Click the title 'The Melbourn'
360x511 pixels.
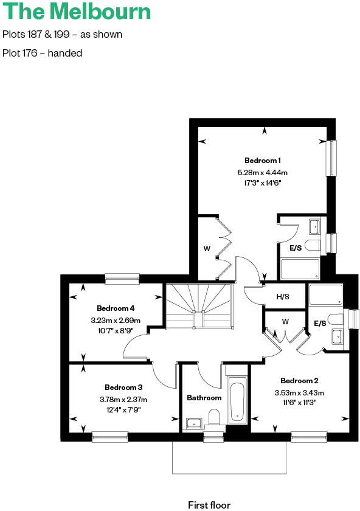click(76, 12)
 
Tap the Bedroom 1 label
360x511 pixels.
click(263, 161)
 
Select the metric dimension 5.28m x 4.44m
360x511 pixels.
click(263, 172)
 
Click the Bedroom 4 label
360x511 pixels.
click(116, 308)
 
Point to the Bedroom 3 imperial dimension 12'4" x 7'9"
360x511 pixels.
click(123, 410)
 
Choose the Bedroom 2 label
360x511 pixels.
click(299, 381)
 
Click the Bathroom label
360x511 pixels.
click(204, 398)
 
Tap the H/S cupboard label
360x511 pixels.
click(283, 297)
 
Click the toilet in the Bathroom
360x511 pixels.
click(213, 417)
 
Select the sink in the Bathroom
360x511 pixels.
click(194, 422)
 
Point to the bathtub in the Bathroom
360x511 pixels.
click(237, 401)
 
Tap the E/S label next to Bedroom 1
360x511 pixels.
click(296, 248)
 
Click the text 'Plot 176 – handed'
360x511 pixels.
click(43, 53)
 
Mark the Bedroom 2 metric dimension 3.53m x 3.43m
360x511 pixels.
click(299, 392)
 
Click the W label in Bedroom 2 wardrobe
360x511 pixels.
click(285, 321)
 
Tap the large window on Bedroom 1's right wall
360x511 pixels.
click(332, 158)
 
